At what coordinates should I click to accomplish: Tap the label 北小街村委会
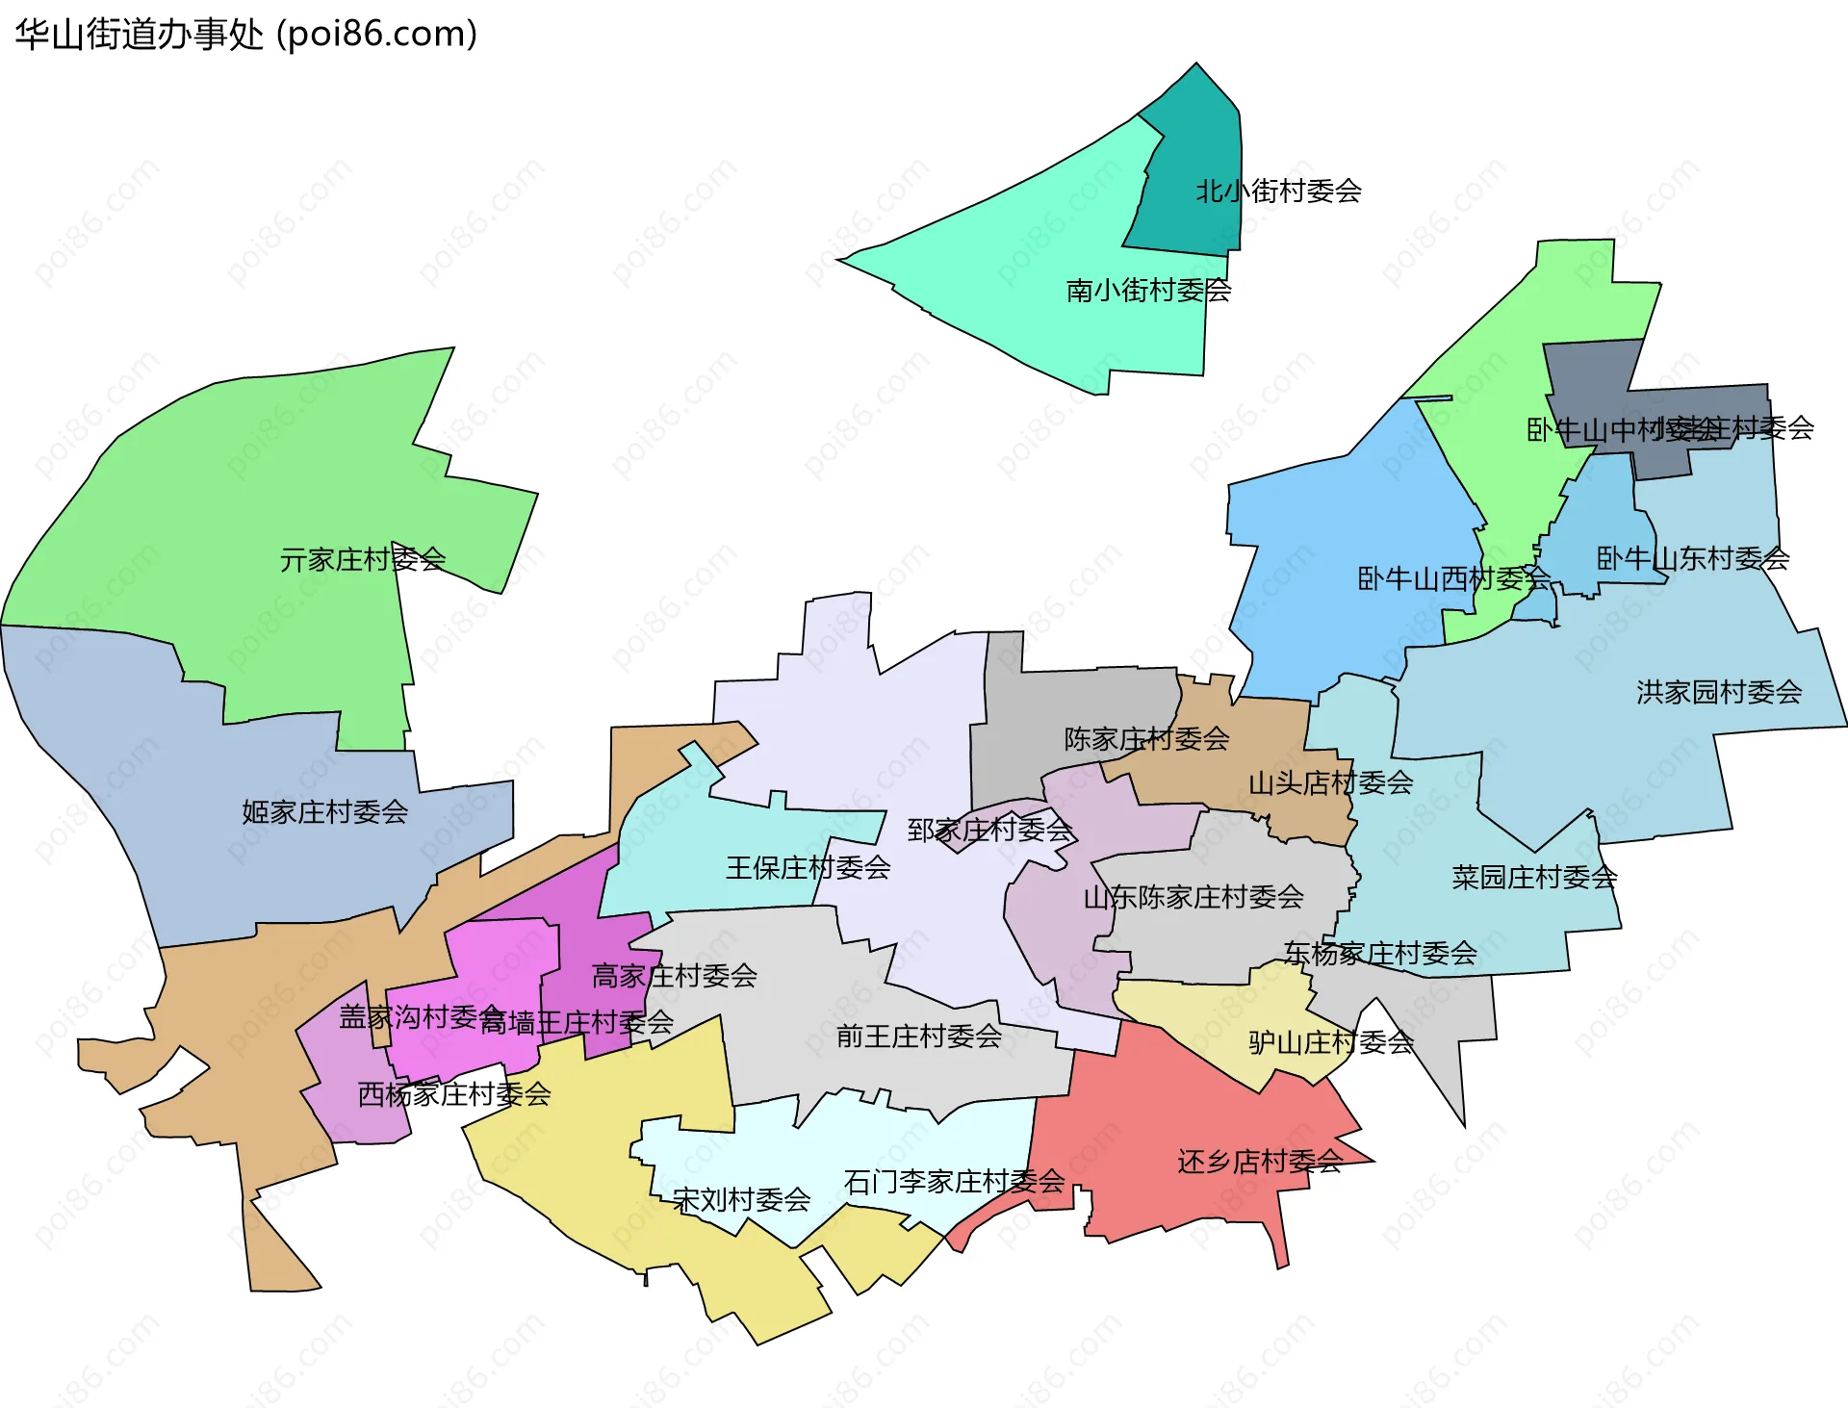point(1278,192)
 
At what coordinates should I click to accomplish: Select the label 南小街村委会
point(1148,291)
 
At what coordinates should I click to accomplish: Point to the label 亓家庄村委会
point(363,559)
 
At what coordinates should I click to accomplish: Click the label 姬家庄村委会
point(325,812)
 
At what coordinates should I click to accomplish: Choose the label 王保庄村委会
point(808,868)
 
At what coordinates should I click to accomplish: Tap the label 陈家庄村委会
point(1146,739)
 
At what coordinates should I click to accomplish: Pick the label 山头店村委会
point(1330,783)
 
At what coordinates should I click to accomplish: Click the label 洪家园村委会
point(1719,692)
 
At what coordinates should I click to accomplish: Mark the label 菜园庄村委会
point(1534,878)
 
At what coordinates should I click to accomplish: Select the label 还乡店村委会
point(1259,1162)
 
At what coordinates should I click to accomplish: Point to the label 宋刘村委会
point(741,1200)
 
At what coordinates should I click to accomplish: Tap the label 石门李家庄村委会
point(954,1182)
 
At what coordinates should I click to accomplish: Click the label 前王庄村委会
point(919,1037)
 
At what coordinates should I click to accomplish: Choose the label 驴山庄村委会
point(1331,1042)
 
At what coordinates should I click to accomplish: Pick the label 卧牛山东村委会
point(1693,558)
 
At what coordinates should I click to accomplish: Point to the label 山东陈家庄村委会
point(1193,898)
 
